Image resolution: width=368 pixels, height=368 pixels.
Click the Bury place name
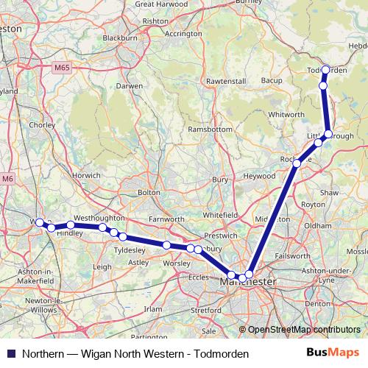(219, 179)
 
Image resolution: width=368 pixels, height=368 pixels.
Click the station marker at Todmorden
(326, 70)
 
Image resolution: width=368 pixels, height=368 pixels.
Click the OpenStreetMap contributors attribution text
(304, 329)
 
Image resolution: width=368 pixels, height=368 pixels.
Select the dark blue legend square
(10, 354)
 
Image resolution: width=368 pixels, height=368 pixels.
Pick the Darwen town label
(130, 85)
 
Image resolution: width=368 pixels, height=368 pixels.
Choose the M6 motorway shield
(7, 178)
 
